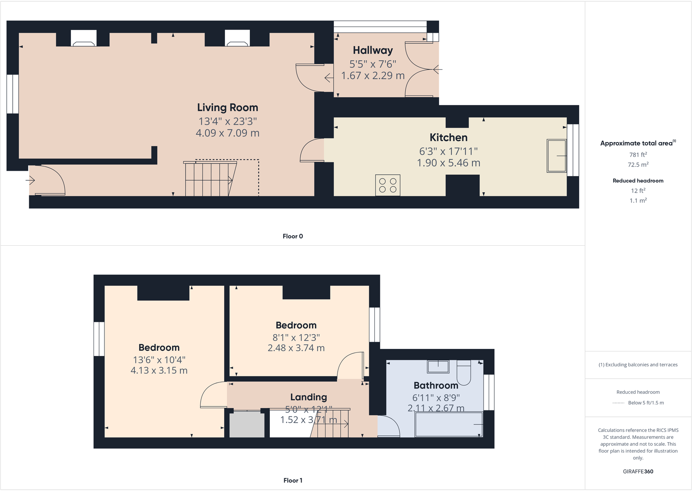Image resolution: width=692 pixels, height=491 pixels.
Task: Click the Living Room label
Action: point(227,108)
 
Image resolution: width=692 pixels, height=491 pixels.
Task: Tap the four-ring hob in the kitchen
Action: point(387,185)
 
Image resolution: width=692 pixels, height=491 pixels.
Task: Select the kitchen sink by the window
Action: point(557,156)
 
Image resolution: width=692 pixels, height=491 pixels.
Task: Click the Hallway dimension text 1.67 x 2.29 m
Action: point(373,76)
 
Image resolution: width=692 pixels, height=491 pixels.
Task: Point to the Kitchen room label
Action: point(448,138)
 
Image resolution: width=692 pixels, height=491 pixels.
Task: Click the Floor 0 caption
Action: point(292,236)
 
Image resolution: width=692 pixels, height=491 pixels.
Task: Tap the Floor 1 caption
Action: point(292,480)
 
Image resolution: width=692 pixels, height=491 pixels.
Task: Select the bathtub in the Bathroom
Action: point(449,424)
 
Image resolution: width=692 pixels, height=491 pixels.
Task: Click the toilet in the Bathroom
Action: point(464,372)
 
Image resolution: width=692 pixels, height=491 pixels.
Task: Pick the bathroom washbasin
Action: point(438,366)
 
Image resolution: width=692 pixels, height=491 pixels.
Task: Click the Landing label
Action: point(308,397)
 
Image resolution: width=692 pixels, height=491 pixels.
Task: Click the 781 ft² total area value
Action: point(638,155)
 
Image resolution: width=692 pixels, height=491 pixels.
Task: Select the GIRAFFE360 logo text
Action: point(638,471)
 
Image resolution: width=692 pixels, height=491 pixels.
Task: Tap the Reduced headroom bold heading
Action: point(638,181)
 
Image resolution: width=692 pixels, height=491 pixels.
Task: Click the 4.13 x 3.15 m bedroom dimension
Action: point(159,371)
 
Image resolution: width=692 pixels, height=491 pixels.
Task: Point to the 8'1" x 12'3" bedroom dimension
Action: point(296,338)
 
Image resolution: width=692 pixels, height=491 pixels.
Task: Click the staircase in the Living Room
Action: point(209,179)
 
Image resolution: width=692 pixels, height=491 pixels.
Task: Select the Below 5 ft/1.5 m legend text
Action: point(645,403)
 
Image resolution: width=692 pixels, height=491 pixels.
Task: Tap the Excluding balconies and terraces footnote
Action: point(638,365)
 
